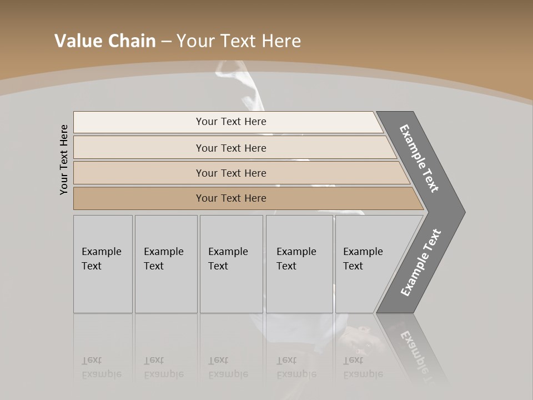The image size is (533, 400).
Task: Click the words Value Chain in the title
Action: tap(105, 41)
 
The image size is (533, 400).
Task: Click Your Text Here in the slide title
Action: tap(239, 41)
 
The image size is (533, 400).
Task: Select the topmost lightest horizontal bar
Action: tap(231, 122)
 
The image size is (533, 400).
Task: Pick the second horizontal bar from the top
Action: tap(231, 148)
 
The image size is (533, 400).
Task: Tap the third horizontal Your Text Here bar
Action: tap(231, 173)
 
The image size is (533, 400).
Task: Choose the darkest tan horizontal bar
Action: tap(231, 198)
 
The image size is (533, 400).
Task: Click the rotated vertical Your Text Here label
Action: tap(64, 159)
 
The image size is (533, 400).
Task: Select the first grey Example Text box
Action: tap(103, 264)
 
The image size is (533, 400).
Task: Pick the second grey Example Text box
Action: tap(166, 264)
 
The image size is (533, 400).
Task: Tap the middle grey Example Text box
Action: tap(231, 264)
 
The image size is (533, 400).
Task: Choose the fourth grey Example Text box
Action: tap(299, 264)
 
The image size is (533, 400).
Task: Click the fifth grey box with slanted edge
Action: tap(366, 264)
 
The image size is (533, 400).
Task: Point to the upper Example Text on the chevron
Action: tap(419, 158)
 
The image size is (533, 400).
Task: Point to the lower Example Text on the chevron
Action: tap(420, 263)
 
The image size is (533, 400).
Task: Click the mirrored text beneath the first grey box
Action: tap(101, 367)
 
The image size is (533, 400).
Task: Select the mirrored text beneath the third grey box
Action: tap(228, 367)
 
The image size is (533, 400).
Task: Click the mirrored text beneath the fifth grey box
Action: tap(363, 367)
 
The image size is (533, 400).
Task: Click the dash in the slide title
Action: tap(166, 42)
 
